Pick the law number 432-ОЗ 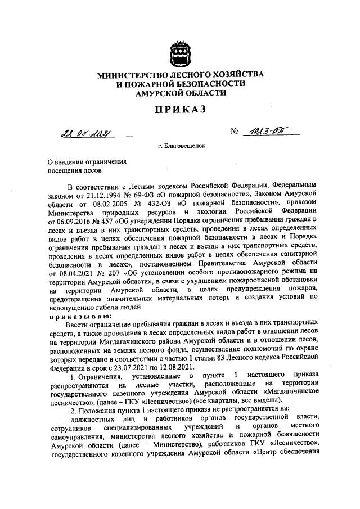[x=159, y=201]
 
